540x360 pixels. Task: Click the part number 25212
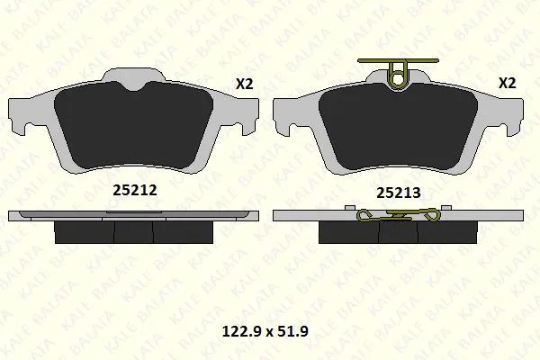[x=135, y=190]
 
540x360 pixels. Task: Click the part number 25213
[x=398, y=193]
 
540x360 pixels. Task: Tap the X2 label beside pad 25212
[x=244, y=84]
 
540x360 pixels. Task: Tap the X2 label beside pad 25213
[x=508, y=83]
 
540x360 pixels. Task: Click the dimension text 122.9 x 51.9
[x=265, y=331]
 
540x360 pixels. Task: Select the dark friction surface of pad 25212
[x=133, y=126]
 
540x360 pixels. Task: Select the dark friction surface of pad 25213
[x=398, y=126]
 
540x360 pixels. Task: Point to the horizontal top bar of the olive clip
[x=398, y=60]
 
